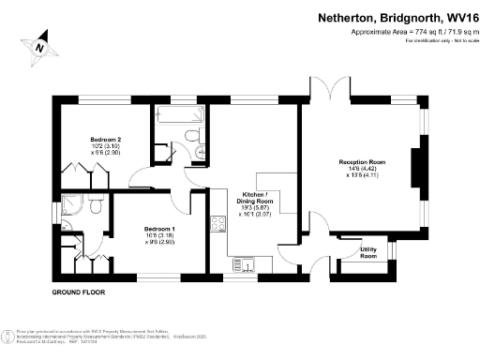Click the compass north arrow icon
(38, 43)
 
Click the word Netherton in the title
(351, 17)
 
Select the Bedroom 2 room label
(106, 140)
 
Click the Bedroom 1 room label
(158, 228)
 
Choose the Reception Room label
(360, 162)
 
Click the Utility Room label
(368, 252)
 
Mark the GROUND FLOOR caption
(78, 293)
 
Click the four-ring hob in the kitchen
(218, 223)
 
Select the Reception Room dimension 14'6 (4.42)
(360, 169)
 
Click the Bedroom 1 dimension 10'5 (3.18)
(158, 235)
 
